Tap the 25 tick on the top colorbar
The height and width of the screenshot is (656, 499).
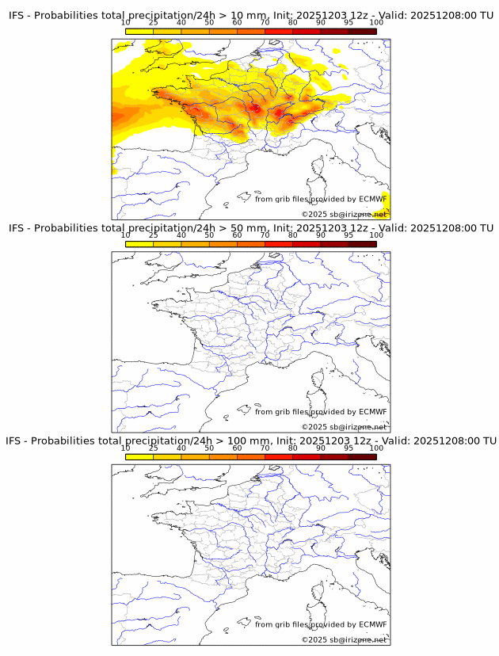coord(153,23)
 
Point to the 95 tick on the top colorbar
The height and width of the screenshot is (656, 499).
coord(348,23)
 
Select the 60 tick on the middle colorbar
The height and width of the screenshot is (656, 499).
coord(237,235)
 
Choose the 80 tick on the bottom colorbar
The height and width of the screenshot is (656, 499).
coord(292,448)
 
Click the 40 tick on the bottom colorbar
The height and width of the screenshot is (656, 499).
coord(181,448)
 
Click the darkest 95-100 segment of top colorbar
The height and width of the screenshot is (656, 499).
coord(362,31)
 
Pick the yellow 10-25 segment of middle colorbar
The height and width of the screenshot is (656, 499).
coord(139,243)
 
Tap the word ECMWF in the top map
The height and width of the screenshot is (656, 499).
coord(372,200)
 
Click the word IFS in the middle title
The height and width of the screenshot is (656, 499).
coord(17,228)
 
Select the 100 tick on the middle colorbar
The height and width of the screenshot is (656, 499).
coord(376,235)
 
